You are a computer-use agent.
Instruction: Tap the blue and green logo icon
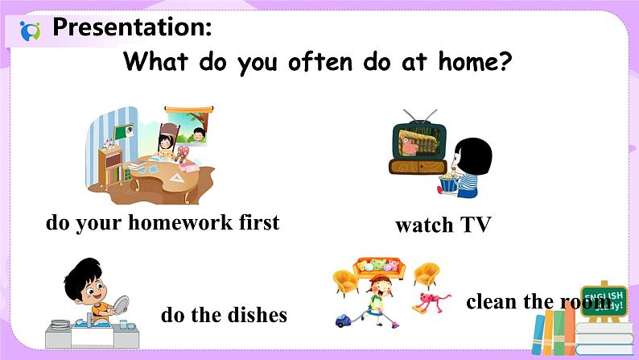pos(30,31)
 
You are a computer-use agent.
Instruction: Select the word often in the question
pos(320,61)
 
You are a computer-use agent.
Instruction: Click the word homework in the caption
pos(180,222)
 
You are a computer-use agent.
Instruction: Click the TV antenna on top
pos(420,116)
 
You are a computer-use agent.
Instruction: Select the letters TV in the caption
pos(476,225)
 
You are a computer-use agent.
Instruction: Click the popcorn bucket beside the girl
pos(447,182)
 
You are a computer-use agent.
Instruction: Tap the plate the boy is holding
pos(119,308)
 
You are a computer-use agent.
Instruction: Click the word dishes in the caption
pos(258,315)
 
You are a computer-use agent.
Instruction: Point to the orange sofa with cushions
pos(379,268)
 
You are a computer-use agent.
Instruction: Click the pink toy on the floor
pos(431,302)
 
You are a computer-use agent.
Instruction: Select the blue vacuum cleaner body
pos(343,321)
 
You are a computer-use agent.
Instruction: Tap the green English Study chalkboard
pos(604,302)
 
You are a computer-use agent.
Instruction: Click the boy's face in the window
pos(199,134)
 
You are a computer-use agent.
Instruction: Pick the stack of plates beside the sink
pos(60,325)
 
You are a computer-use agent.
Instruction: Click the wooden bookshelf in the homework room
pos(110,166)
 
